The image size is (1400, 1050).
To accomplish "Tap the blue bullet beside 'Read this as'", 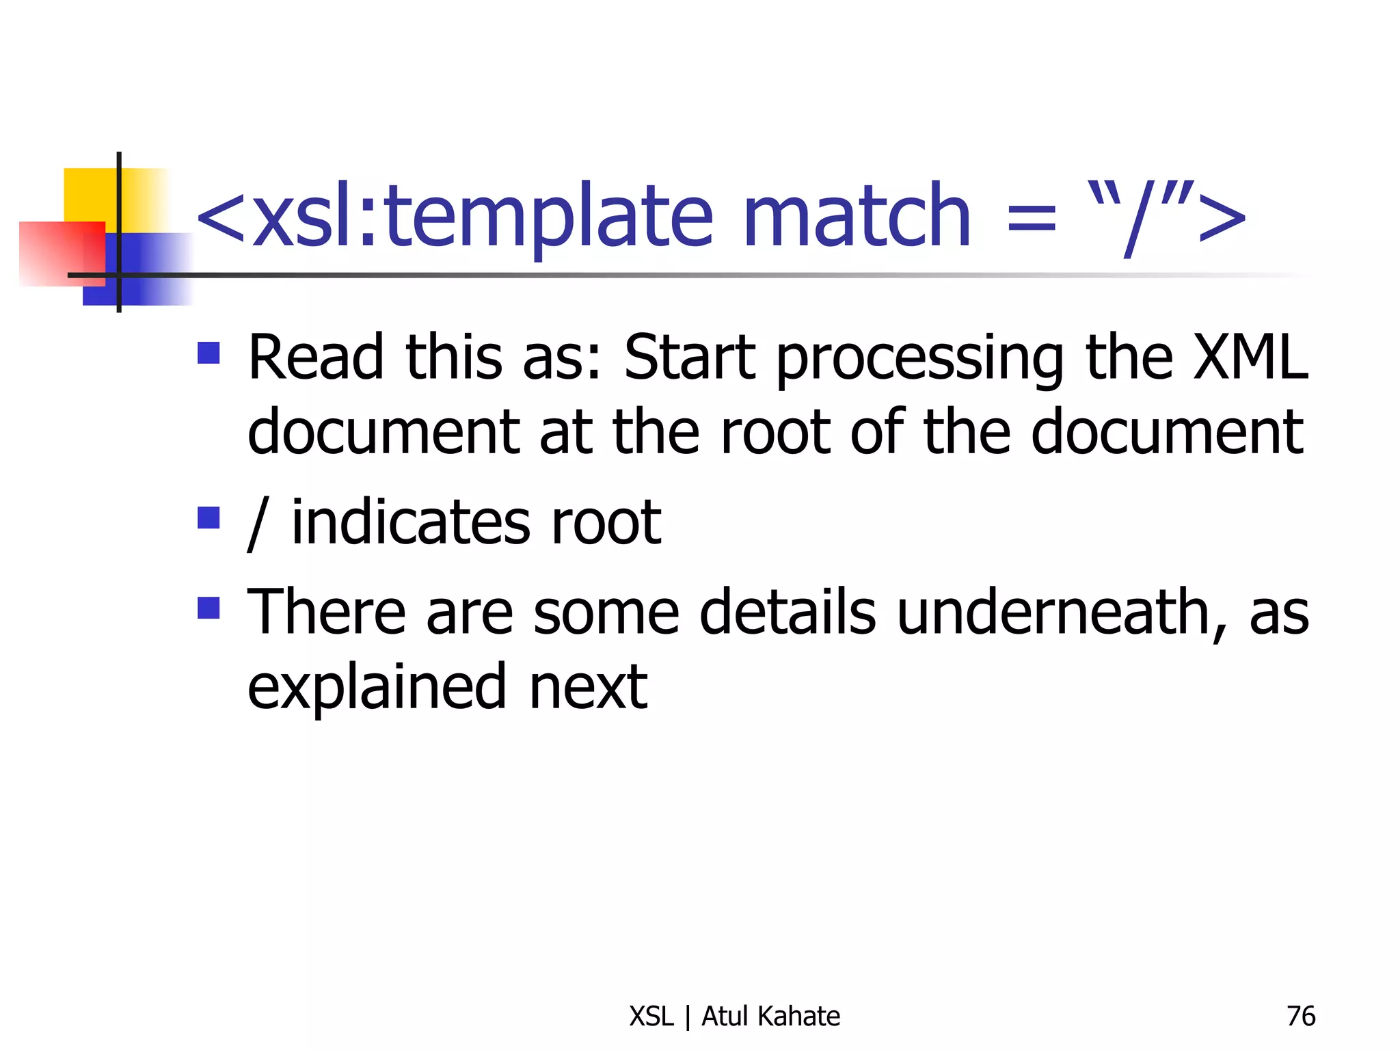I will click(x=208, y=353).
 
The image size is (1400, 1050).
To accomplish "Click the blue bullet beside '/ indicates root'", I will click(x=208, y=517).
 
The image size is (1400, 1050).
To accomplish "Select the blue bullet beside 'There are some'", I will click(x=208, y=608).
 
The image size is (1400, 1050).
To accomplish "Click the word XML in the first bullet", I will click(x=1250, y=358).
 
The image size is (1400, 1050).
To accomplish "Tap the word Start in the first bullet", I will click(x=690, y=358).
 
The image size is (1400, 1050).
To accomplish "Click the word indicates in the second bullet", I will click(x=410, y=523).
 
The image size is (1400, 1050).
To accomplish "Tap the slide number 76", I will click(x=1300, y=1017).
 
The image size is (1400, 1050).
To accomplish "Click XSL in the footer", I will click(x=651, y=1017).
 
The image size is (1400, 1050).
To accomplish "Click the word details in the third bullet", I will click(x=787, y=612).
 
